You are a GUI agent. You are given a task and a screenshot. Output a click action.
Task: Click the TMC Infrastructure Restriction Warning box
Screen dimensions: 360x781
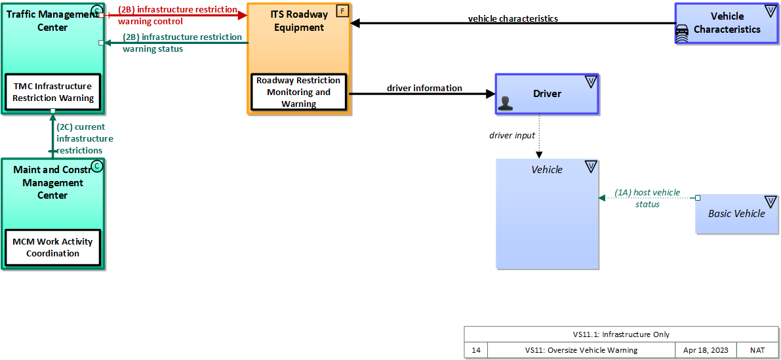[52, 92]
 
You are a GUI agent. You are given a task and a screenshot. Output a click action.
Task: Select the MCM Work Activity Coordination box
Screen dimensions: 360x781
[52, 247]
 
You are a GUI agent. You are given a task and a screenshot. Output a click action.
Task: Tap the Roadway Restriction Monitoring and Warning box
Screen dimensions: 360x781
[298, 92]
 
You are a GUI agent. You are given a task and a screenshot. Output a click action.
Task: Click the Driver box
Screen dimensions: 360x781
[547, 94]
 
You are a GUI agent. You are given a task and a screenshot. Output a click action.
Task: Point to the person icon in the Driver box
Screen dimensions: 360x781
[505, 102]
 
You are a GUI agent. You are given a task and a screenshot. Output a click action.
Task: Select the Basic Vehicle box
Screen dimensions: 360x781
[736, 214]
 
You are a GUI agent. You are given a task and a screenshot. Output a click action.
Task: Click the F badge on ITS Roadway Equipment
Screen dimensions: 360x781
[342, 10]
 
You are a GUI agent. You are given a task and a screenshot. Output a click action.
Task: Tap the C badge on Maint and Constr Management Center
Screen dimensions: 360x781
[97, 166]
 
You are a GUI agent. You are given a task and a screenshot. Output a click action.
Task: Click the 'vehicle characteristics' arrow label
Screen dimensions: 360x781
[513, 18]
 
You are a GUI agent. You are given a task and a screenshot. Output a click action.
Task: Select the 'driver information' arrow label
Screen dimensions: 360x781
[424, 88]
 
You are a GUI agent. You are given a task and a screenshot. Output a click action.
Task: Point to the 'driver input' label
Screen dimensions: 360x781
[512, 135]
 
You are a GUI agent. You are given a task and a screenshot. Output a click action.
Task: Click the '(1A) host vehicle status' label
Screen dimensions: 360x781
[647, 198]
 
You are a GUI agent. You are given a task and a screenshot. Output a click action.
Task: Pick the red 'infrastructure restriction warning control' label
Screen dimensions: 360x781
[178, 15]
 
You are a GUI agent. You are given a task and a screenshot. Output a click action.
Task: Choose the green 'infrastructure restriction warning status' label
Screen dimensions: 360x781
[182, 43]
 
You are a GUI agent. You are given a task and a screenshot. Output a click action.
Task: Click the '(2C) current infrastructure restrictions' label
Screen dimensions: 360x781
[84, 138]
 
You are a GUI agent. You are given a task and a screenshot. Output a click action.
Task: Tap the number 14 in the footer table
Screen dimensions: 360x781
[476, 350]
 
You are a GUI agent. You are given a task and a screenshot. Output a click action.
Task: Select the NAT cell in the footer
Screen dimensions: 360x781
[757, 350]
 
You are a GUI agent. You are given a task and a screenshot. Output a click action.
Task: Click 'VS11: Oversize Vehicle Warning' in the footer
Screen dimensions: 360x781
[581, 350]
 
